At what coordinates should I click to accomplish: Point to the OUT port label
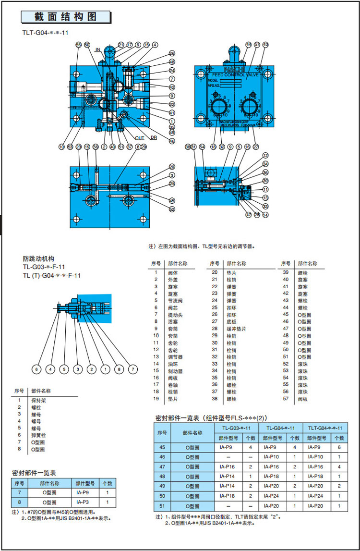pyautogui.click(x=139, y=138)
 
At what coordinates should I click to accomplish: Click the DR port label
pyautogui.click(x=154, y=138)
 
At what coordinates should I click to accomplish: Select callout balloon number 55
pyautogui.click(x=79, y=45)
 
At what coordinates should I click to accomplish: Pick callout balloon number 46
pyautogui.click(x=172, y=141)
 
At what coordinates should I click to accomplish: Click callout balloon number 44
pyautogui.click(x=248, y=45)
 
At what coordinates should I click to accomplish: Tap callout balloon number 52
pyautogui.click(x=172, y=208)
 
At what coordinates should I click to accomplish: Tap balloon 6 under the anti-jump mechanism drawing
pyautogui.click(x=36, y=369)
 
